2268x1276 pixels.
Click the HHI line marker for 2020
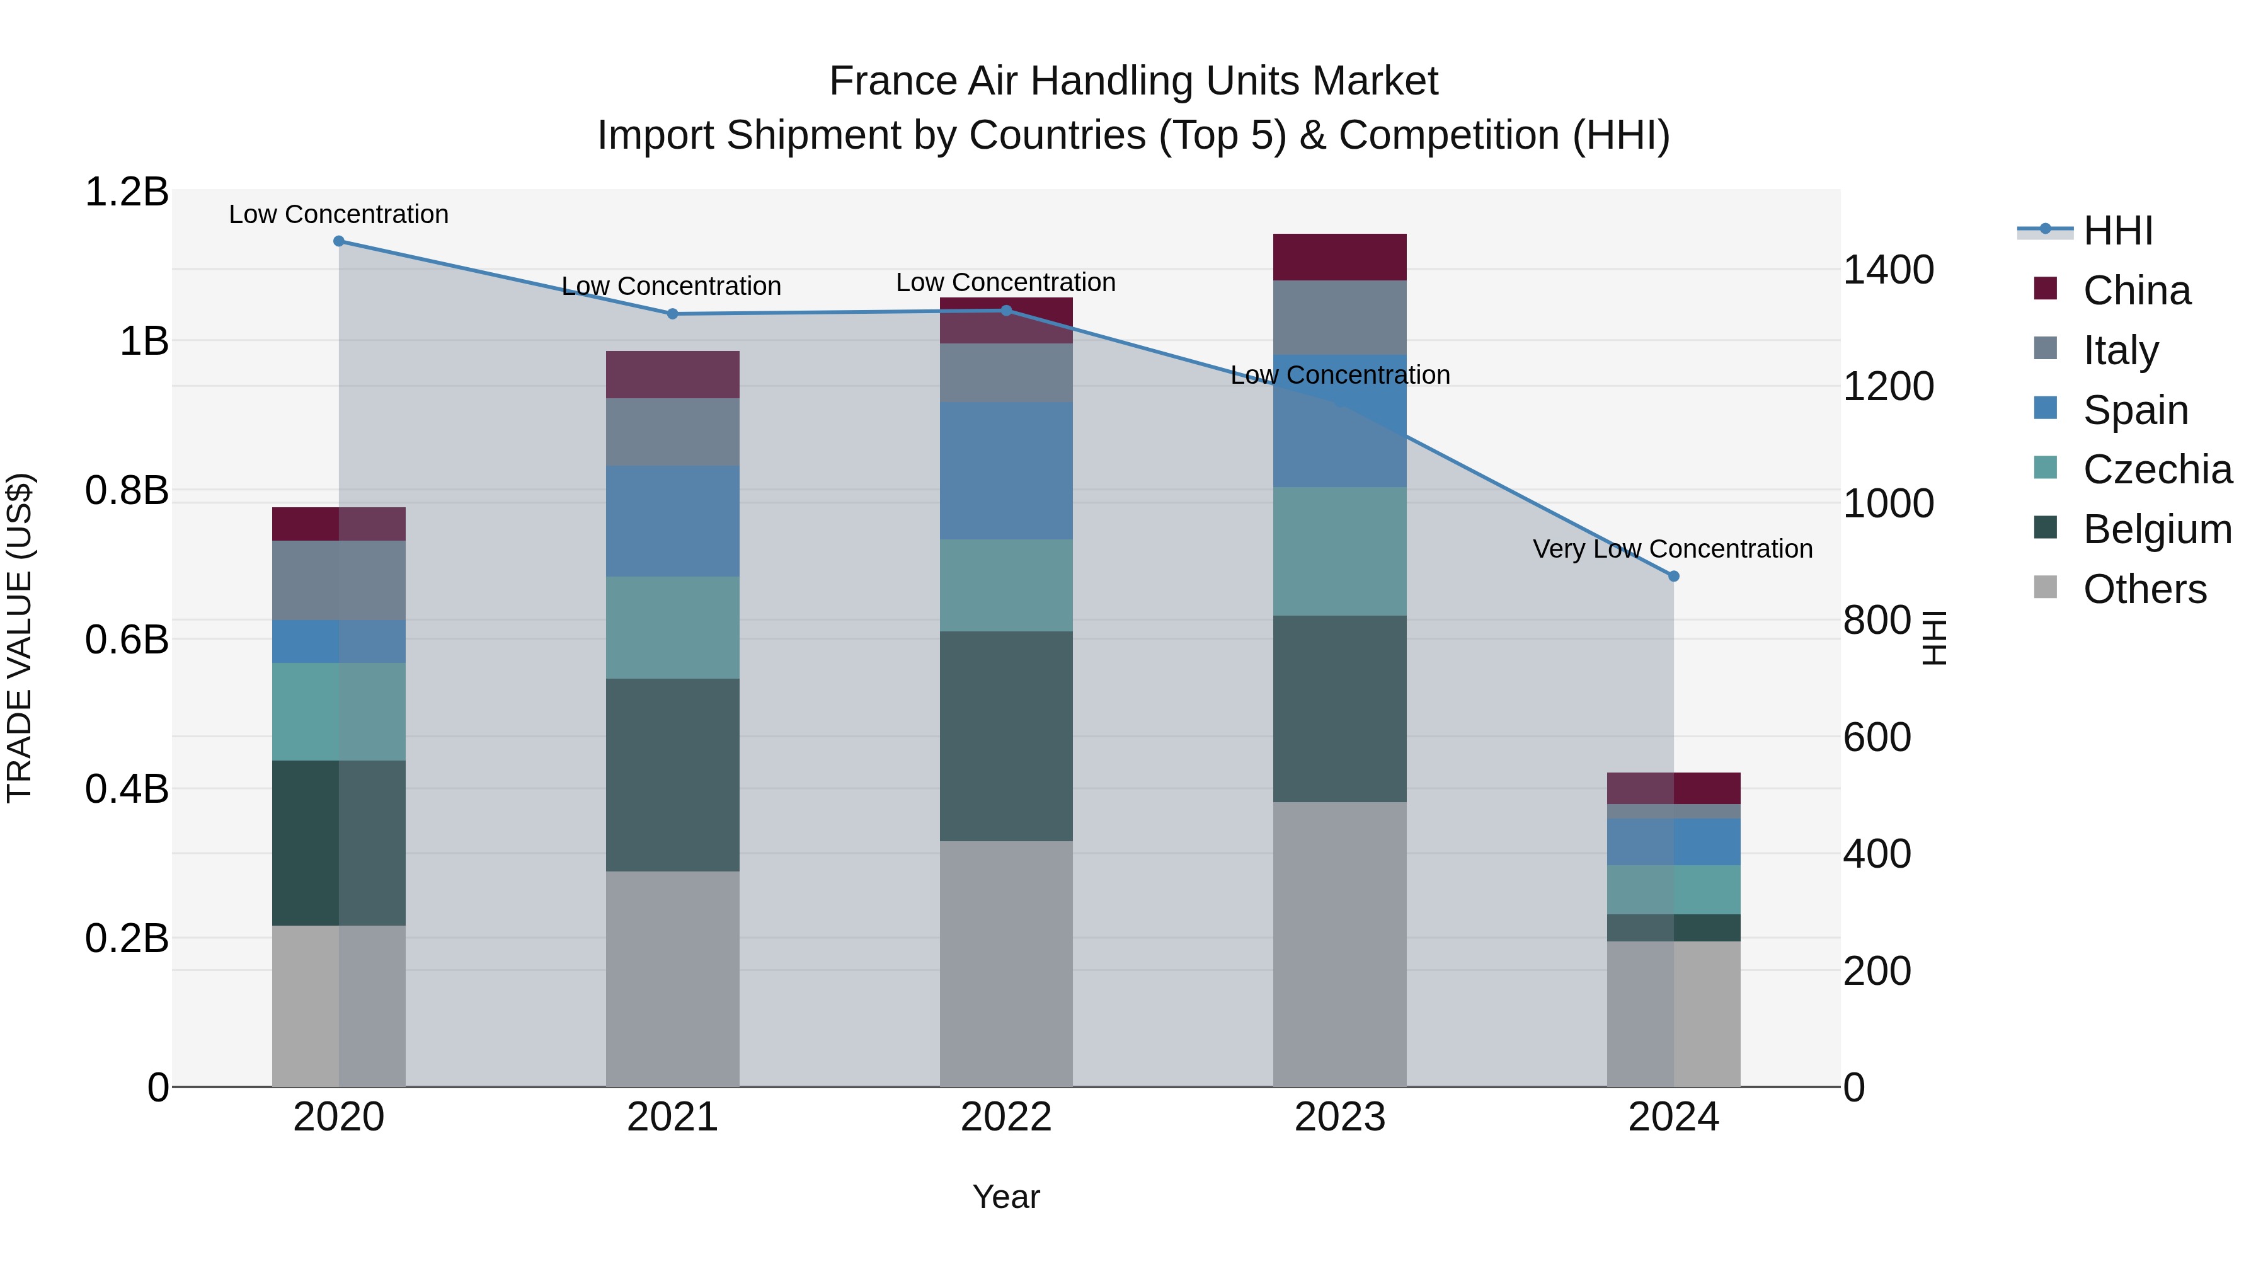(x=339, y=241)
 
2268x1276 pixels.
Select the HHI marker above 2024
(x=1674, y=576)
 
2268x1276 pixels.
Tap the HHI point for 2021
(x=673, y=314)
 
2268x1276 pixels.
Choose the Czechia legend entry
(x=2157, y=469)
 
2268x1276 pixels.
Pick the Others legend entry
(x=2145, y=589)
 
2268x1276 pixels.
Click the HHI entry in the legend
(x=2117, y=231)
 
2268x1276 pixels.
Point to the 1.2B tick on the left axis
(x=126, y=192)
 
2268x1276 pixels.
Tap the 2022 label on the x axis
(x=1005, y=1117)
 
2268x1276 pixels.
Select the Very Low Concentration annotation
(x=1672, y=549)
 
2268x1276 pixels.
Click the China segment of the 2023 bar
(x=1339, y=257)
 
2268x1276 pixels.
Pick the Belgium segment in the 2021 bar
(x=673, y=775)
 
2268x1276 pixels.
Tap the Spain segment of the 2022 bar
(x=1005, y=471)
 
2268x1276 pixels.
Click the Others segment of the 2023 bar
(x=1339, y=944)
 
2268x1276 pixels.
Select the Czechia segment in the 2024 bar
(x=1674, y=889)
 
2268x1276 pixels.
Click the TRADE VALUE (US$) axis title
(x=20, y=638)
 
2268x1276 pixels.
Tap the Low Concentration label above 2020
(x=339, y=214)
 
